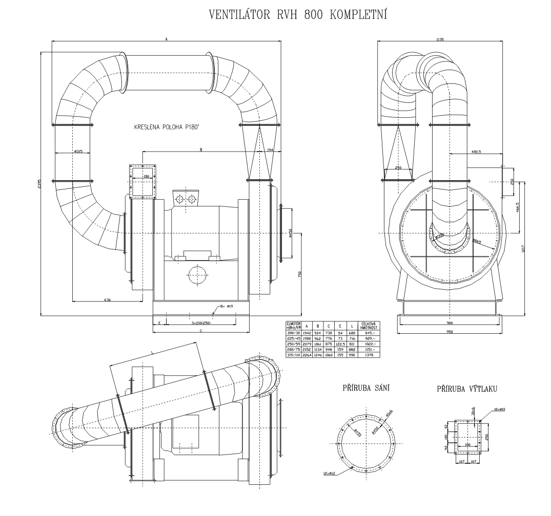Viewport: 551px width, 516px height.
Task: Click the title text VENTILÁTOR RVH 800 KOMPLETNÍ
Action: coord(298,14)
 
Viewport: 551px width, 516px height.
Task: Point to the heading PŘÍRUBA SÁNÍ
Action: coord(365,389)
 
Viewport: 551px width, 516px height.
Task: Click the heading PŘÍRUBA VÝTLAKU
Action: coord(466,390)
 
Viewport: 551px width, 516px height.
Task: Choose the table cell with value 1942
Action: coord(306,333)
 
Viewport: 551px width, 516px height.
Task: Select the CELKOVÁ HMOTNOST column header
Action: coord(370,325)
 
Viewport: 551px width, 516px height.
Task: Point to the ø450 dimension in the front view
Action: coord(291,233)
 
